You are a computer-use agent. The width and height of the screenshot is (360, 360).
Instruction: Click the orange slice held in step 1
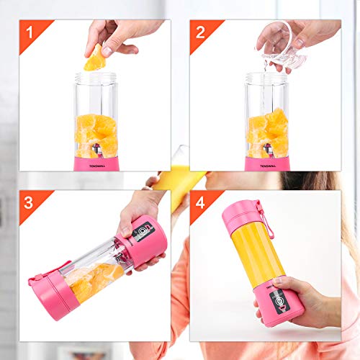click(94, 58)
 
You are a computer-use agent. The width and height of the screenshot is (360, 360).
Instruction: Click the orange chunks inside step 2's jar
click(267, 133)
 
